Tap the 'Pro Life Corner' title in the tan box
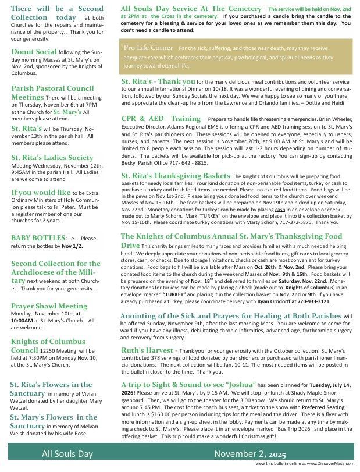pyautogui.click(x=149, y=47)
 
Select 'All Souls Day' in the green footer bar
pyautogui.click(x=67, y=454)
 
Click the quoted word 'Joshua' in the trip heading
pyautogui.click(x=240, y=385)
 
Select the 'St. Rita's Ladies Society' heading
pyautogui.click(x=52, y=158)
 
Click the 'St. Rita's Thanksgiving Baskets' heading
pyautogui.click(x=175, y=175)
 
